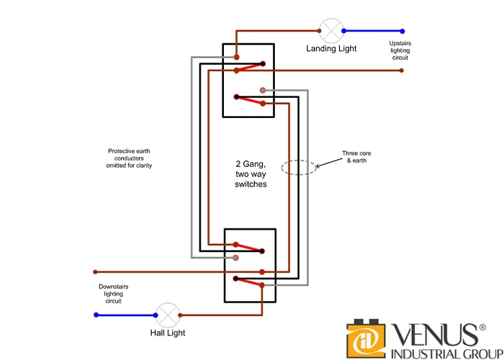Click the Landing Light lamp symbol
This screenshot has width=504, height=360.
pos(331,31)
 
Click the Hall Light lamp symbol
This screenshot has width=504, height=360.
pos(168,315)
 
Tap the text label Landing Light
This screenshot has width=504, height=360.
pos(331,49)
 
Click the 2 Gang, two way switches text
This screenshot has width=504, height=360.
pos(251,175)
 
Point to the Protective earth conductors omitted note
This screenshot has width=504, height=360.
pos(130,158)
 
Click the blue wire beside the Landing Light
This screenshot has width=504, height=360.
pos(372,31)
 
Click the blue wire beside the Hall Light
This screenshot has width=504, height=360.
pos(126,315)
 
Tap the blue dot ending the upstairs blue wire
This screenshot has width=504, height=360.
pos(402,31)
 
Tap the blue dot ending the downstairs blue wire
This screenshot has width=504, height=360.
pos(95,315)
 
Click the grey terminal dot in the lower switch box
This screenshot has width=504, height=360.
pos(236,257)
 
